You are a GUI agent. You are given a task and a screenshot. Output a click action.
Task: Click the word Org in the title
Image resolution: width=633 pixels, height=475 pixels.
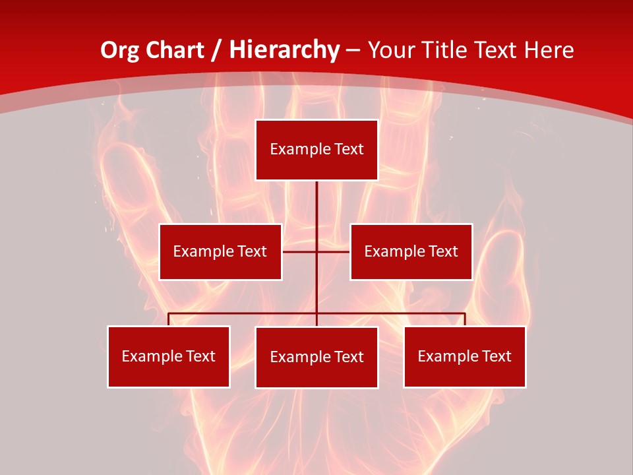click(119, 50)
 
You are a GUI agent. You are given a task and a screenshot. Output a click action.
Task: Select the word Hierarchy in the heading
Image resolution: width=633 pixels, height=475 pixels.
click(284, 50)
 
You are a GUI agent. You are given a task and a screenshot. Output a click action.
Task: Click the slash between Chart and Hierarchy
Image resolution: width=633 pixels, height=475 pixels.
click(216, 50)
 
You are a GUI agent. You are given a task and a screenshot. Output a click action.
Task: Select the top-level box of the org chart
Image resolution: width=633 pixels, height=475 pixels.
click(316, 150)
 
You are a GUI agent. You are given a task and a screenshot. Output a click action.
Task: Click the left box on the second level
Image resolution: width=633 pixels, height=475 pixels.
click(220, 251)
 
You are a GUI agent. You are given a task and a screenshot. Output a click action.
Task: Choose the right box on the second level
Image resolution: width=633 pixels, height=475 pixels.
click(411, 251)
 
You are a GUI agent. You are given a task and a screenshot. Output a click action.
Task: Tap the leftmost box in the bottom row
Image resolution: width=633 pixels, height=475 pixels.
click(168, 356)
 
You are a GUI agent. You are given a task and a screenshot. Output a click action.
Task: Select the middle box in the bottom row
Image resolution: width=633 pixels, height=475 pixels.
click(316, 357)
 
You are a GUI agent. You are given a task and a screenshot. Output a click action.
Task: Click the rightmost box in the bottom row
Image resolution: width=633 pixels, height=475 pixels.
click(464, 356)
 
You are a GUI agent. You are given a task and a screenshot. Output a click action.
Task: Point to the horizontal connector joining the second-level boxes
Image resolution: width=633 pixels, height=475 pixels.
click(300, 251)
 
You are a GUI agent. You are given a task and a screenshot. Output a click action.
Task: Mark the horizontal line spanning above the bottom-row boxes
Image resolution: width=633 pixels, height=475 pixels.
click(244, 314)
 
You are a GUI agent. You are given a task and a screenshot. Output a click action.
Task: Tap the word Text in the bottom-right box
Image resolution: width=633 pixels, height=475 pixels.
click(497, 356)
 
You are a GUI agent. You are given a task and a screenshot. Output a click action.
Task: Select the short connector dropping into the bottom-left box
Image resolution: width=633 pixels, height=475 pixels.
click(168, 319)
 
